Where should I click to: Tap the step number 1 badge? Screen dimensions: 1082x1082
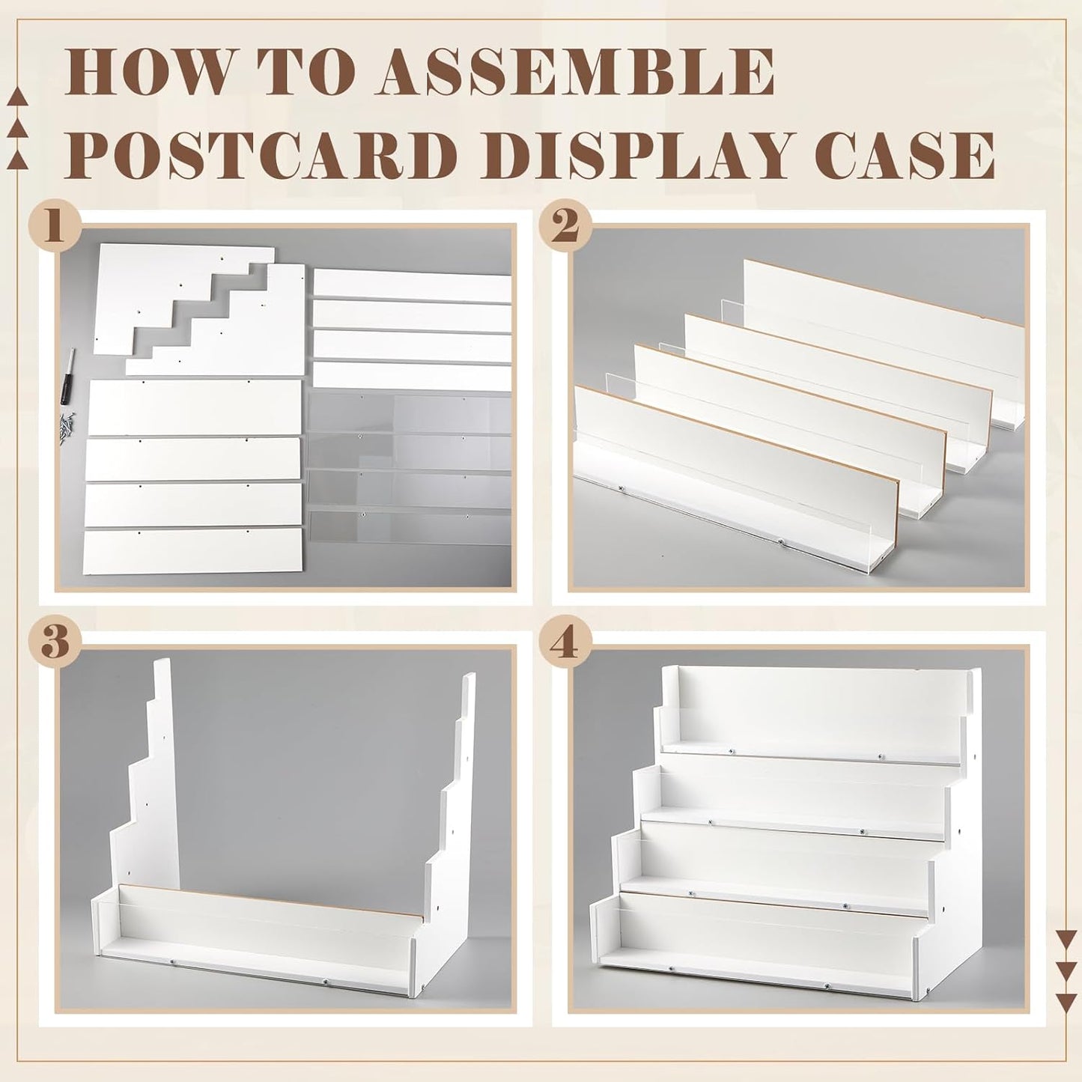[53, 226]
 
